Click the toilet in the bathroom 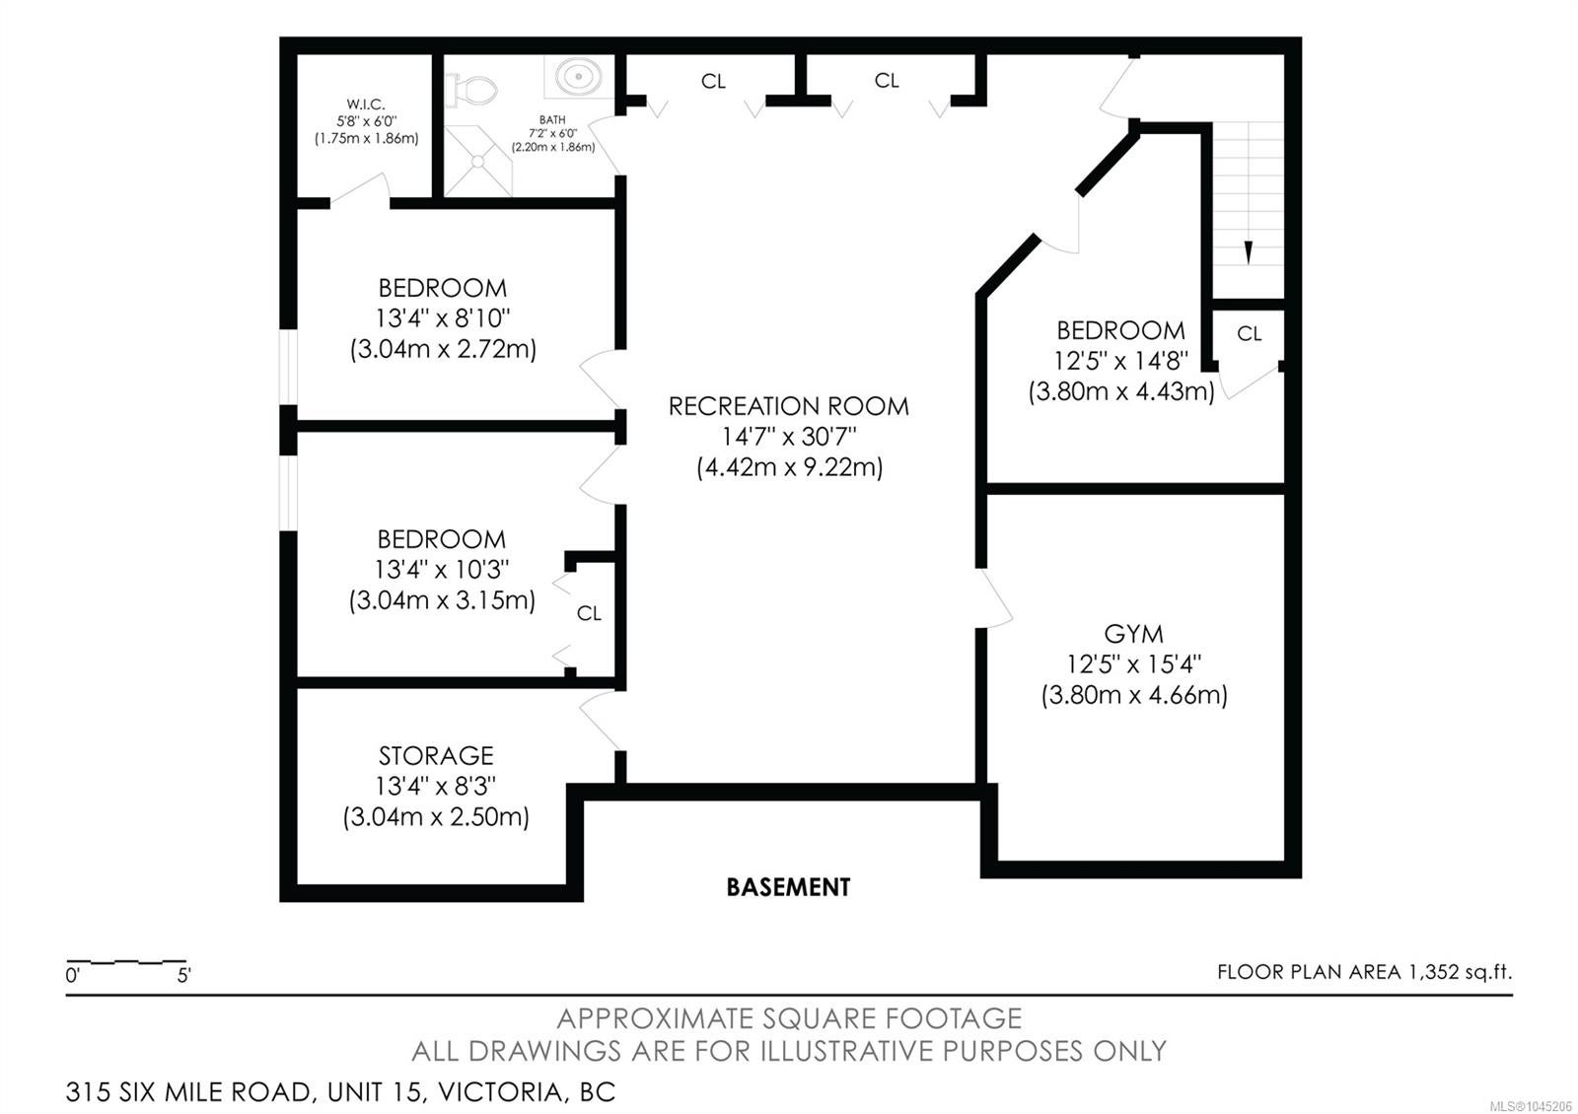[472, 90]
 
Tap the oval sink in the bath [578, 75]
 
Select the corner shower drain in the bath [478, 162]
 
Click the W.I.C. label [366, 104]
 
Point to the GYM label [1133, 635]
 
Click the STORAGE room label [436, 755]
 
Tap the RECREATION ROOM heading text [788, 406]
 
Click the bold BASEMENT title [788, 887]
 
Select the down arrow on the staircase [1249, 252]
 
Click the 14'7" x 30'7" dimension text [789, 437]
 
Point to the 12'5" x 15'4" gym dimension [1133, 664]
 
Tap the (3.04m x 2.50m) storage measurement [436, 817]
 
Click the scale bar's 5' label [183, 976]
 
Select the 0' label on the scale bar [73, 976]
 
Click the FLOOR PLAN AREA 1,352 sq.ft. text [1365, 972]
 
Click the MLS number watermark [1533, 1106]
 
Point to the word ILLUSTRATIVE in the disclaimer [846, 1051]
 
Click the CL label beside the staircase [1249, 334]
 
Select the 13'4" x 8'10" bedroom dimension [443, 318]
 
